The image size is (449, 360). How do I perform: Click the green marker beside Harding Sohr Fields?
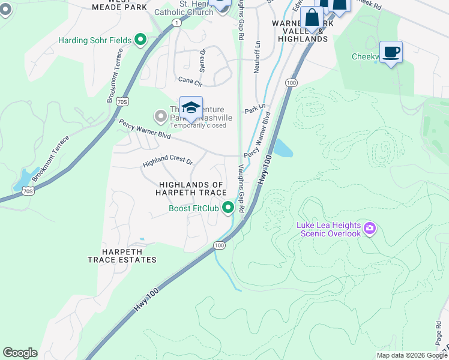(140, 40)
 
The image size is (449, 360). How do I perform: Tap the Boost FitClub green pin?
(228, 208)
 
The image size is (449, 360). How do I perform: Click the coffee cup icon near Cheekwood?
(391, 52)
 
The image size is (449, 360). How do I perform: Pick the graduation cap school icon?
(191, 108)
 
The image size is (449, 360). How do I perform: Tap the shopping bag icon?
(312, 18)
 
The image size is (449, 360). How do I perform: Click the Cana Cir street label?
(190, 79)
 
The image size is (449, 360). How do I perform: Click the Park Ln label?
(255, 111)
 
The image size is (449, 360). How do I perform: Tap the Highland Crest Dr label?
(167, 162)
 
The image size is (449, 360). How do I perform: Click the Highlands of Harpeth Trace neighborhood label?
(191, 188)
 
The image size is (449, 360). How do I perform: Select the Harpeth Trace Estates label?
(122, 255)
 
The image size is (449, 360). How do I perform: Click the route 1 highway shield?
(176, 22)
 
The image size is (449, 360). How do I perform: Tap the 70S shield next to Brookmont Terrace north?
(122, 102)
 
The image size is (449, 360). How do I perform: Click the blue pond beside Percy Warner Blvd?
(283, 148)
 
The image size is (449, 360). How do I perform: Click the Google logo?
(20, 353)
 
